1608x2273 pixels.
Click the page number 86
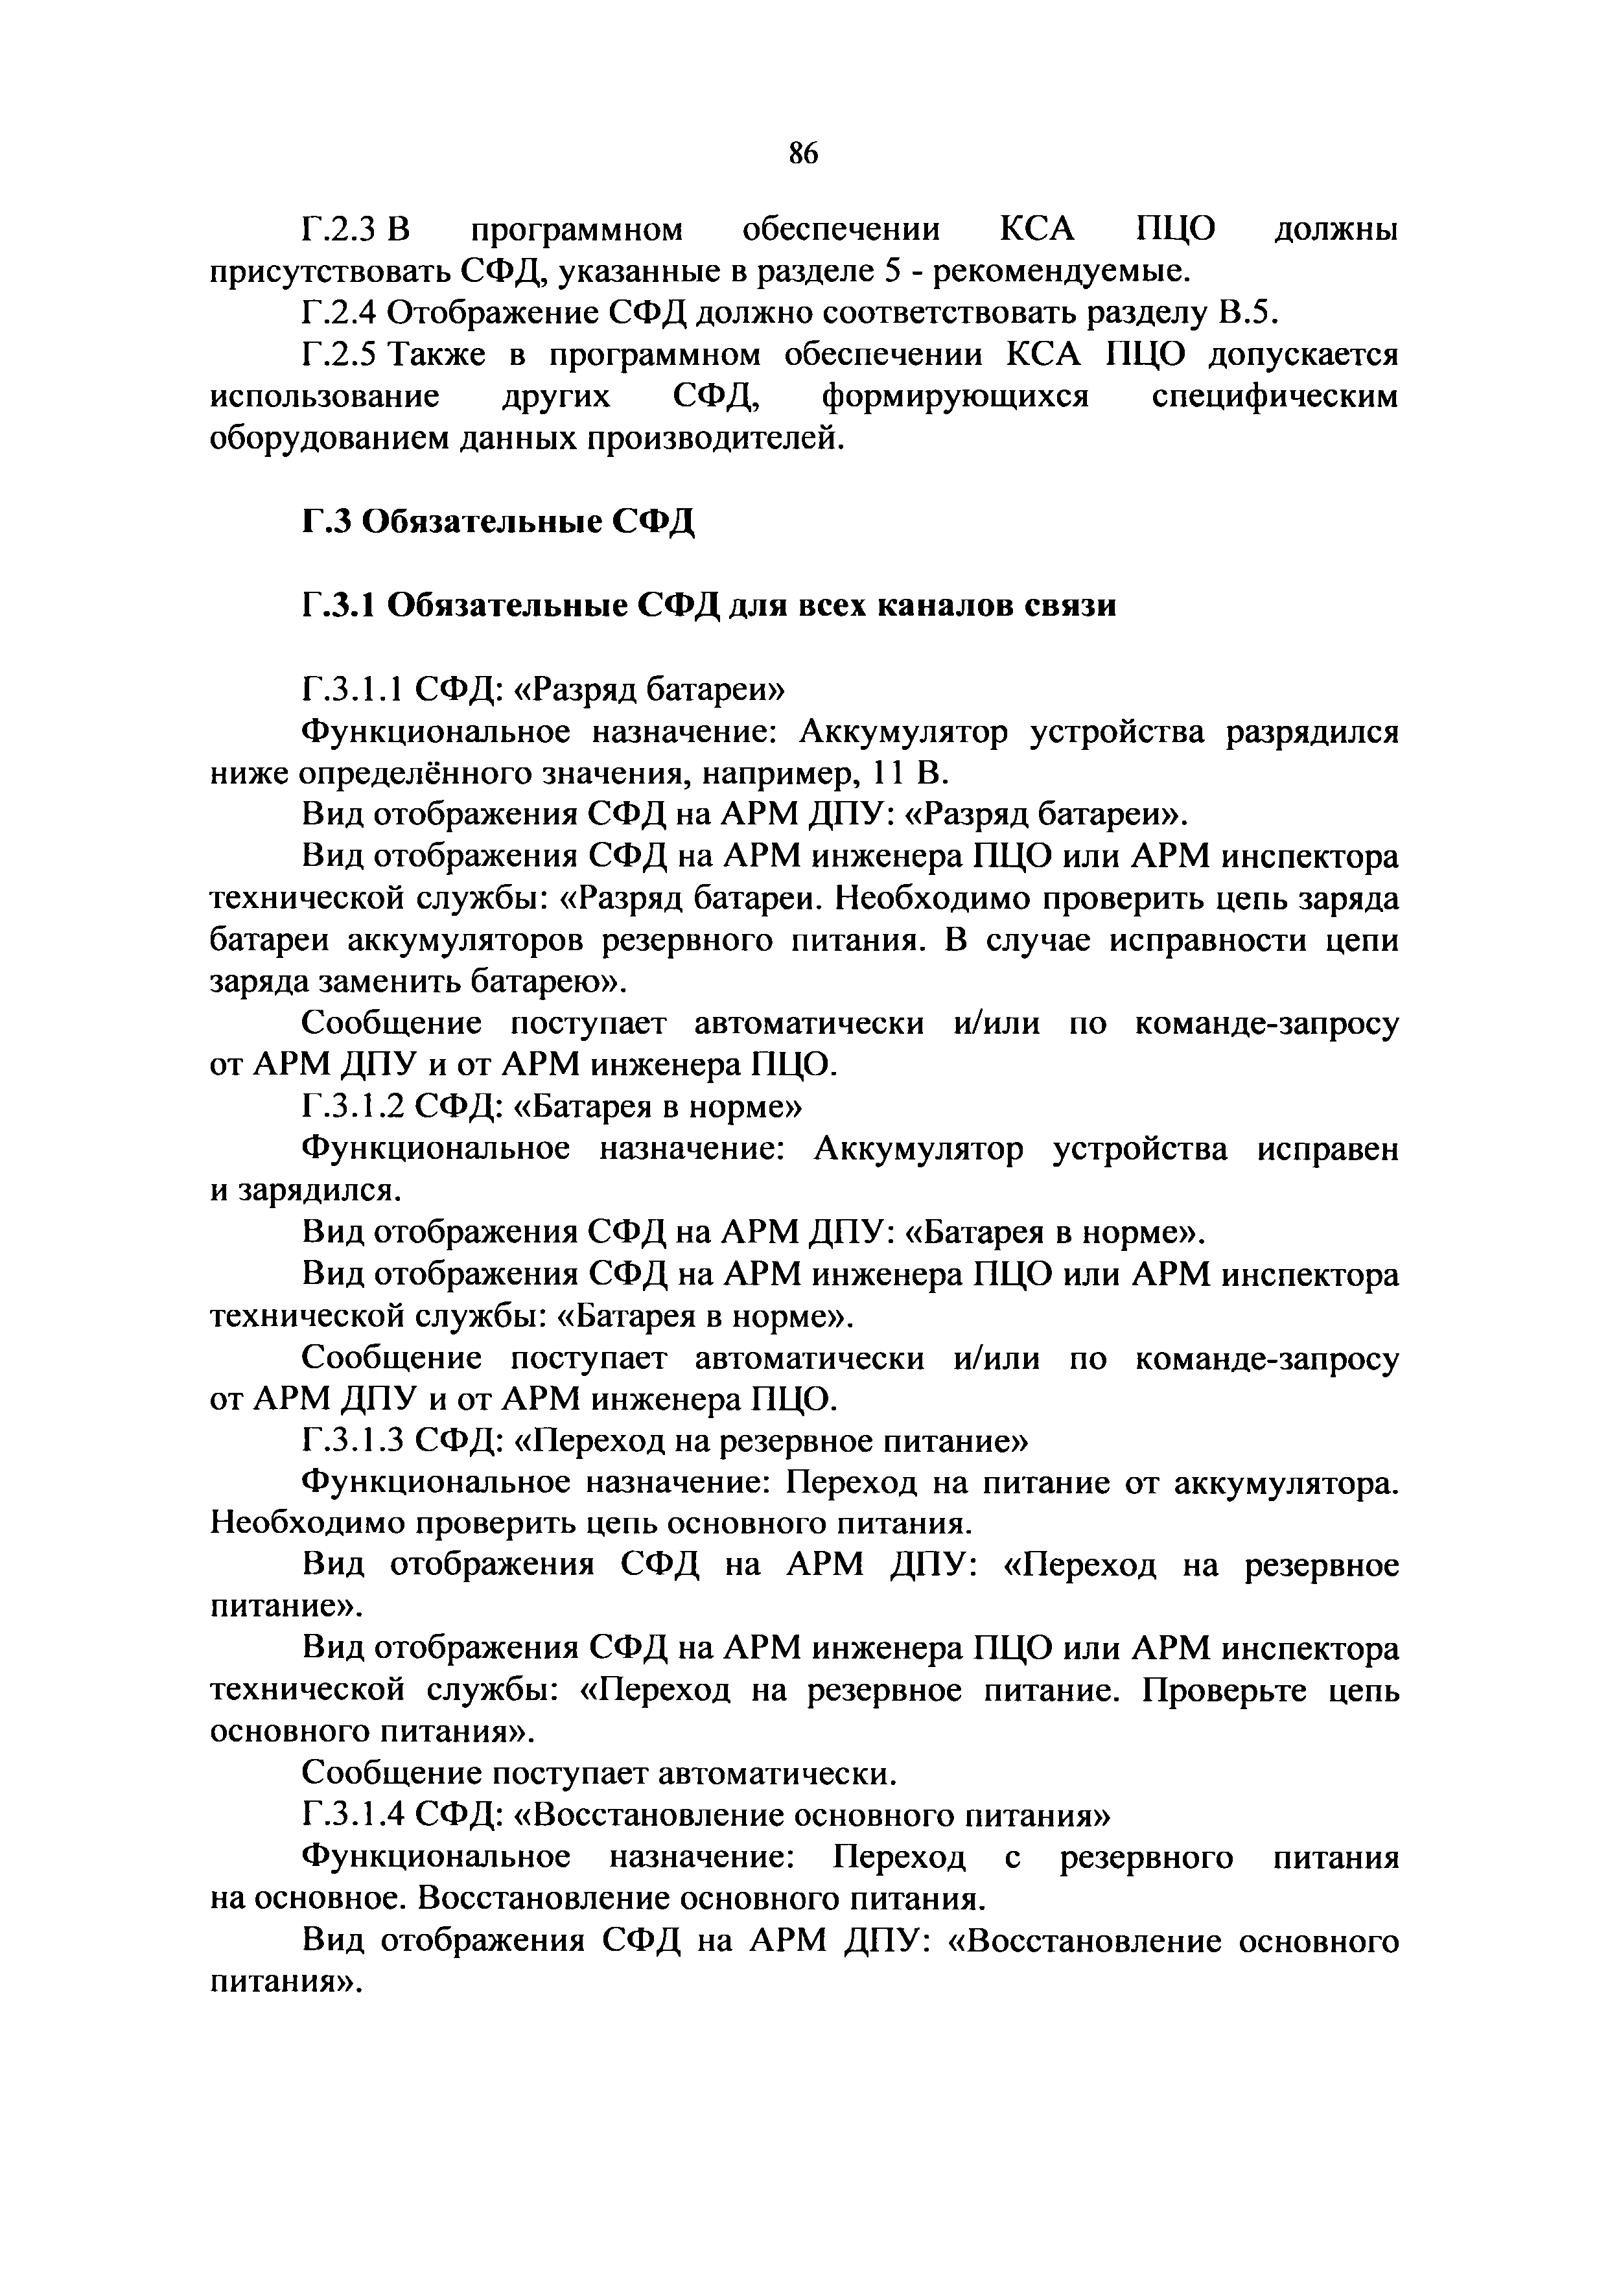click(803, 154)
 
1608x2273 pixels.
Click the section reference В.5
click(1246, 313)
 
